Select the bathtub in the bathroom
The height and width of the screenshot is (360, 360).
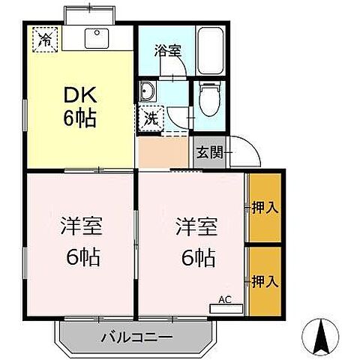coord(209,50)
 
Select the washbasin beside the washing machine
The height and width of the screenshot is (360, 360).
coord(148,94)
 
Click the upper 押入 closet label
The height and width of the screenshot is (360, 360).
coord(265,207)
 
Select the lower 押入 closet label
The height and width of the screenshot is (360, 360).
coord(265,281)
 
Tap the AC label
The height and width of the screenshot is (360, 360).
coord(225,300)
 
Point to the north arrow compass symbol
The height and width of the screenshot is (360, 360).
coord(322,337)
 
